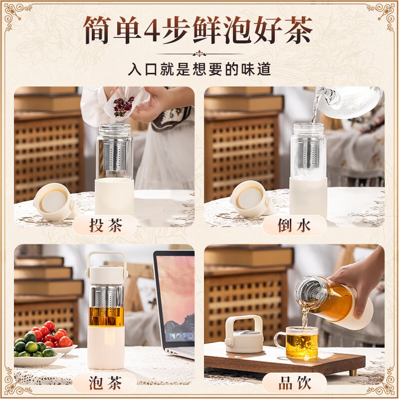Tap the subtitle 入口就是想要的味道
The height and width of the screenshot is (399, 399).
pos(199,68)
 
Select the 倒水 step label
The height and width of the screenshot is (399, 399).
pos(294,225)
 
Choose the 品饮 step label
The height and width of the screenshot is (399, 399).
pos(294,383)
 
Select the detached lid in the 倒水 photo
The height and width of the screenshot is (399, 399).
pos(250,198)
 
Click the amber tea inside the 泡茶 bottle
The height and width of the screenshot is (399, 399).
pos(106,316)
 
